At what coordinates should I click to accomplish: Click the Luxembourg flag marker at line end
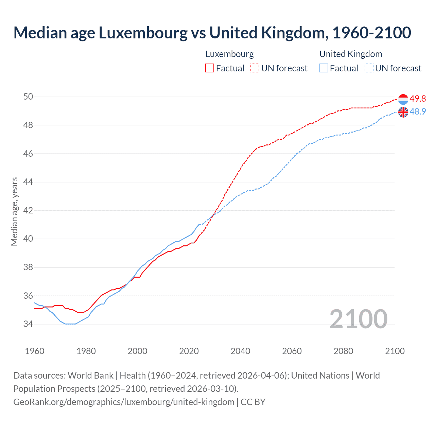[403, 99]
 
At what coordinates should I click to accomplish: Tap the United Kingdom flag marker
[403, 112]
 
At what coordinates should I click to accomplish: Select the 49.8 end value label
[418, 99]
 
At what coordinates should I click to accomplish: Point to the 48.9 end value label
[418, 111]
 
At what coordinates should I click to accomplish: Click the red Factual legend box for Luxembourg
[210, 68]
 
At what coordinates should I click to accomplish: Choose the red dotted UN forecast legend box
[255, 68]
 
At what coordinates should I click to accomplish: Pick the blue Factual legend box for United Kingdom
[324, 68]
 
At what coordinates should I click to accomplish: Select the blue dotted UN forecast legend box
[369, 68]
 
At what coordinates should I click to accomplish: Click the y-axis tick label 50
[28, 97]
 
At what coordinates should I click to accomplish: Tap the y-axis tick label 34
[28, 324]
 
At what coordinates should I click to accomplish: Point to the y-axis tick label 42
[28, 210]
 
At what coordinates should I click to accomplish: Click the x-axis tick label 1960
[35, 351]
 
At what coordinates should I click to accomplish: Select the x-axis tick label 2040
[240, 351]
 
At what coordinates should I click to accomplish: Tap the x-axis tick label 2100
[395, 351]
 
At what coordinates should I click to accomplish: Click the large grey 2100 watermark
[358, 319]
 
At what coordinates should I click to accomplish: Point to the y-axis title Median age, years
[14, 211]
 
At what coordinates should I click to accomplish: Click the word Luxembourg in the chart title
[143, 33]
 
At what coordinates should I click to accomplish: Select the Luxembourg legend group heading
[229, 54]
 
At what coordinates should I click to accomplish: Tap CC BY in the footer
[253, 402]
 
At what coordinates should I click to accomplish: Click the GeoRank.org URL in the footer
[124, 402]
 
